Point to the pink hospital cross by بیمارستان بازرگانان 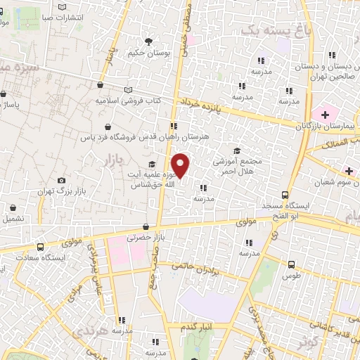tap(325, 114)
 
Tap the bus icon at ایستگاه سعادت tap(41, 247)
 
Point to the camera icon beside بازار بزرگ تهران tap(62, 181)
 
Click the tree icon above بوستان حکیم tap(148, 41)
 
